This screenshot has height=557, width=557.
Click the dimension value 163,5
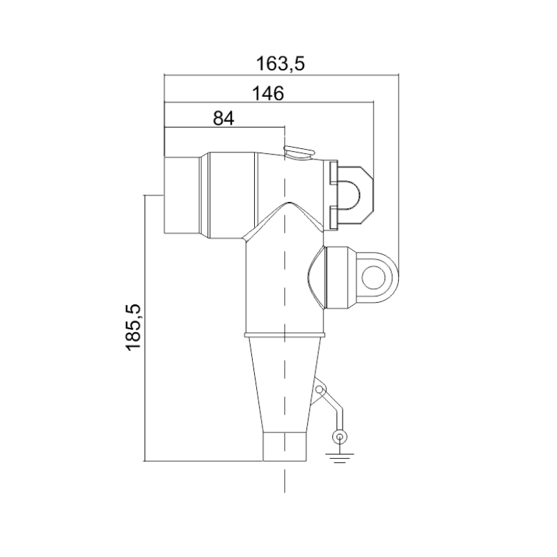click(281, 64)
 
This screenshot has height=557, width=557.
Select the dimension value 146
click(268, 93)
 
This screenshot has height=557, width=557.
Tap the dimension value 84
click(223, 118)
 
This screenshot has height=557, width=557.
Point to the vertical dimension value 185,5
click(134, 327)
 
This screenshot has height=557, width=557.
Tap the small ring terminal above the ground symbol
click(340, 437)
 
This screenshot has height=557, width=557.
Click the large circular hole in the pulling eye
click(374, 276)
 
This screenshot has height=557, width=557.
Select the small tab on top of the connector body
click(299, 152)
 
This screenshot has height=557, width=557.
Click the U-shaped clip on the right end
click(352, 196)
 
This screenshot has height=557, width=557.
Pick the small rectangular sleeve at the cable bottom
click(284, 446)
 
